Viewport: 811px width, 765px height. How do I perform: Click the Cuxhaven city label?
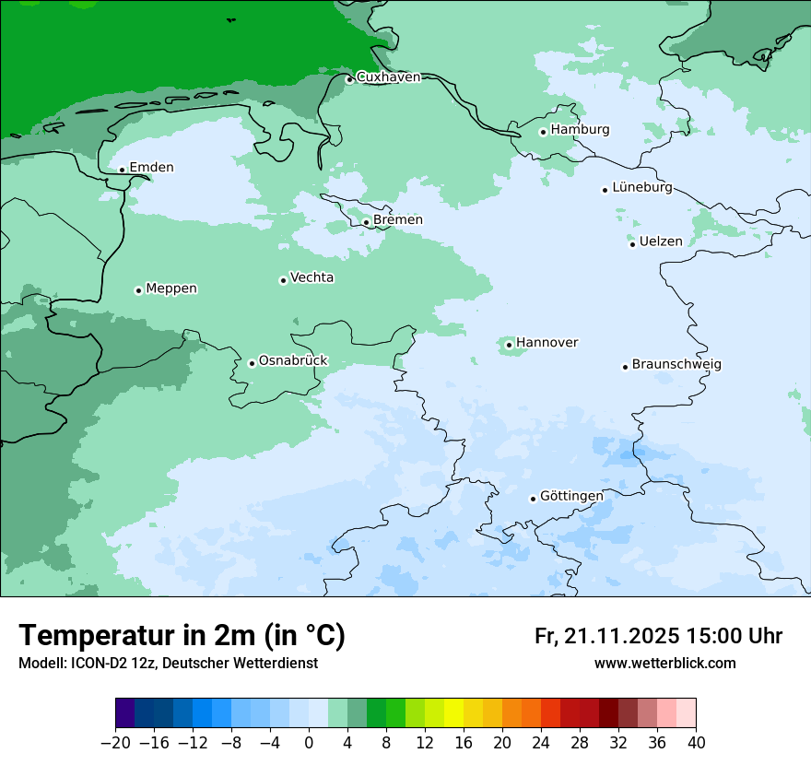pos(388,77)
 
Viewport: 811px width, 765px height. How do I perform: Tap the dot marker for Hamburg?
pos(543,132)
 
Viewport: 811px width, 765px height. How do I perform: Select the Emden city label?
pos(151,168)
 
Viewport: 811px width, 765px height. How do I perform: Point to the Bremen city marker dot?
pos(366,222)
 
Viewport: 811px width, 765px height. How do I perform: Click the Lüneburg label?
pos(642,188)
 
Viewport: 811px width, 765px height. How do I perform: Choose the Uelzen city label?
pos(661,241)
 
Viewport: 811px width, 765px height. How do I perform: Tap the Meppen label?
pos(171,288)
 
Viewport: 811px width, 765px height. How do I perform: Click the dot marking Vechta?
pos(283,280)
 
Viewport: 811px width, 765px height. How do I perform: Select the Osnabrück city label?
pos(293,361)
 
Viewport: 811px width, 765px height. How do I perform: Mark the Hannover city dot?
pos(509,346)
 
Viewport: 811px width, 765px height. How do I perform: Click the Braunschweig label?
pos(676,365)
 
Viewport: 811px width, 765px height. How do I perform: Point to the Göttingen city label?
pos(571,496)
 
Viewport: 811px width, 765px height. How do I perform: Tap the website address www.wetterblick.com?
pos(664,664)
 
